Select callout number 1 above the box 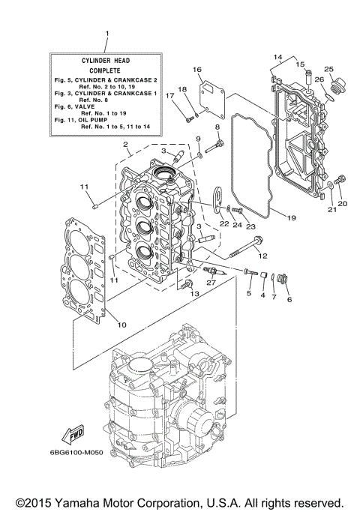pyautogui.click(x=106, y=34)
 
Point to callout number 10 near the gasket pyautogui.click(x=122, y=324)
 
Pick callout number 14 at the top pyautogui.click(x=277, y=57)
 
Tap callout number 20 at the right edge pyautogui.click(x=342, y=203)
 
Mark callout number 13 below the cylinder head pyautogui.click(x=196, y=295)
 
